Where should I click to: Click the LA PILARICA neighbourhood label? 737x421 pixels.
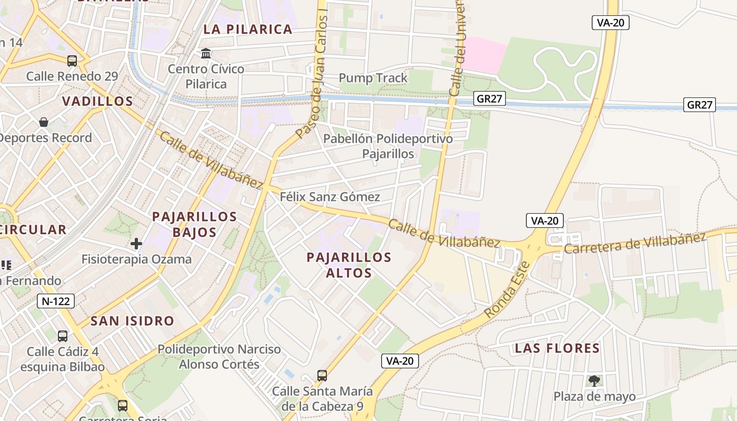coord(247,29)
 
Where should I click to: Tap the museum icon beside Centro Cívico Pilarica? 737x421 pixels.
coord(206,53)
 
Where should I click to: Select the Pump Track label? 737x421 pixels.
coord(373,78)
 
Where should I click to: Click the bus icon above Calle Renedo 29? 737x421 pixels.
coord(72,61)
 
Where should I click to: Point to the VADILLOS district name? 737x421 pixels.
coord(97,101)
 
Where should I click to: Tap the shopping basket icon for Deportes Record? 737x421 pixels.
coord(44,122)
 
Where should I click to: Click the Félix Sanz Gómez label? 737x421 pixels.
coord(330,197)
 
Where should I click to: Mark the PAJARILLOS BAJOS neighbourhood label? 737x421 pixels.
coord(194,224)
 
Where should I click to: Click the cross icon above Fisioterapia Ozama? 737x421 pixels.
coord(136,244)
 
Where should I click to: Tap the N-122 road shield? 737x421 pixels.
coord(56,301)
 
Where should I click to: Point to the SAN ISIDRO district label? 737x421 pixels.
coord(132,320)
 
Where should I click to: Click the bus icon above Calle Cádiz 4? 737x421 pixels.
coord(63,336)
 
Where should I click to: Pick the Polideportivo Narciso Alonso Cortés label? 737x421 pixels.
coord(220,356)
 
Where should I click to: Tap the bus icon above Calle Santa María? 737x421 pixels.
coord(322,376)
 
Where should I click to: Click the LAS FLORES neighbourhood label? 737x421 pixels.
coord(557,348)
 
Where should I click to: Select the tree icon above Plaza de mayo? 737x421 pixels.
coord(594,380)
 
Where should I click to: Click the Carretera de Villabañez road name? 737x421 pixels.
coord(634,243)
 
